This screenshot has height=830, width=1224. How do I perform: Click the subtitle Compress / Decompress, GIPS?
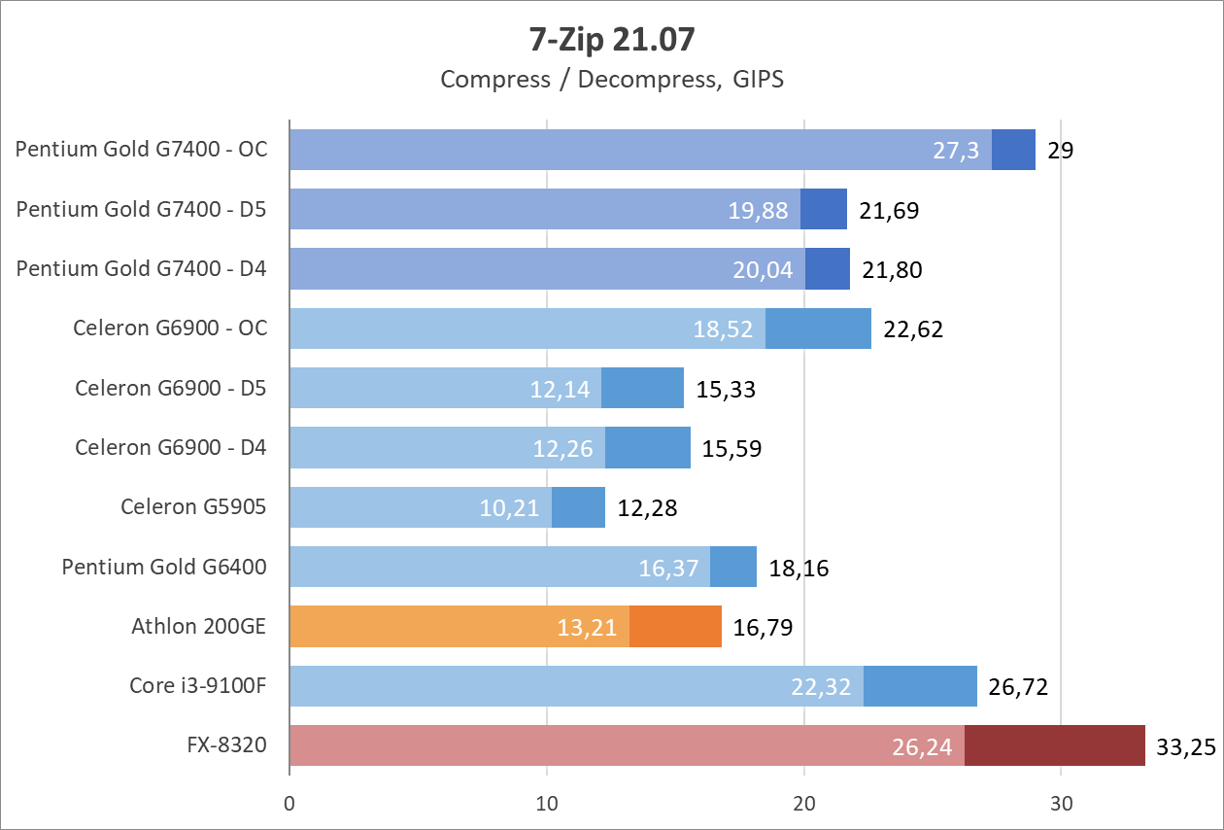click(x=611, y=79)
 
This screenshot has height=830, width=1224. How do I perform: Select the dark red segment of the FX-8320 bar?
click(x=1054, y=745)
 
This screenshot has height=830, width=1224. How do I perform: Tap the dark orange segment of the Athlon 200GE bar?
click(x=675, y=627)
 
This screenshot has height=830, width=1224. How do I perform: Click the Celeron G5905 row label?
click(x=193, y=506)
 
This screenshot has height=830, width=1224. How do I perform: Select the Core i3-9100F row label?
click(x=198, y=685)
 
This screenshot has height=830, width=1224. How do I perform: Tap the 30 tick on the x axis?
click(x=1061, y=805)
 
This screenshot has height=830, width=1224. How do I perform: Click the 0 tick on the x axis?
click(x=289, y=805)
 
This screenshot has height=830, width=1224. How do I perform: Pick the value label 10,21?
click(x=509, y=508)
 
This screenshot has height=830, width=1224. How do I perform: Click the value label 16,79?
click(x=764, y=628)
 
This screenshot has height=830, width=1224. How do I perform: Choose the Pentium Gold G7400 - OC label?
click(x=141, y=150)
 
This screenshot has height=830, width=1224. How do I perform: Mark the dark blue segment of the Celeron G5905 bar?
click(x=578, y=507)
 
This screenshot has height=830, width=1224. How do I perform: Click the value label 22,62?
click(x=913, y=329)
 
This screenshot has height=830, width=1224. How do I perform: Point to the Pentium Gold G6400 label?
click(x=164, y=567)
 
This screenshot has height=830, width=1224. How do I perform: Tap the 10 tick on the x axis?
click(x=547, y=805)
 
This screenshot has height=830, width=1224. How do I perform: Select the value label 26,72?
click(x=1018, y=687)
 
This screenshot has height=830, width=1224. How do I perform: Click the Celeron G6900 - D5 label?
click(x=171, y=388)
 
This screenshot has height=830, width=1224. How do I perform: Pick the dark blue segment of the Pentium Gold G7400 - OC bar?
click(x=1013, y=150)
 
